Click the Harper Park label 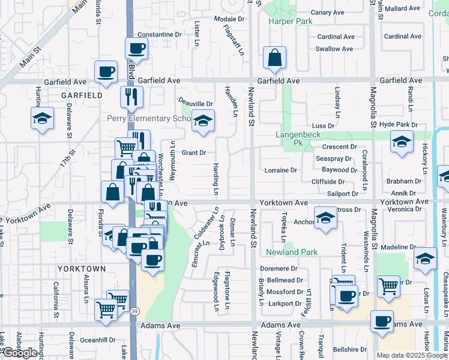point(291,21)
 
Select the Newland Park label point(292,253)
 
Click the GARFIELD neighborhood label point(80,95)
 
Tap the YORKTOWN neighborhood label point(82,268)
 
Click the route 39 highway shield point(136,310)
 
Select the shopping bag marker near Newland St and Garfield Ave point(274,58)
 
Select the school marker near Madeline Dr point(425,259)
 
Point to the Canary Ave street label point(327,12)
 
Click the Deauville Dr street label point(196,103)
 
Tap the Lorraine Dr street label point(281,170)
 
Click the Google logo point(20,353)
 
